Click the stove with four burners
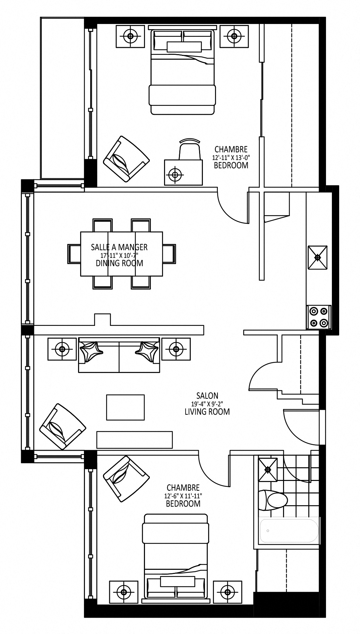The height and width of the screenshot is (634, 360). pos(319,317)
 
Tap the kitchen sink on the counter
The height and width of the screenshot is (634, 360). pos(317,257)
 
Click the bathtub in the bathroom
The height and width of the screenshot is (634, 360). pos(289,531)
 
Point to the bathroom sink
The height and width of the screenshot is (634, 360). pos(268,470)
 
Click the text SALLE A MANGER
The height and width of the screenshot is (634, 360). pos(119,247)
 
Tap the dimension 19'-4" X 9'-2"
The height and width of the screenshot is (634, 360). pos(207,404)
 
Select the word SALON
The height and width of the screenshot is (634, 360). pos(207,395)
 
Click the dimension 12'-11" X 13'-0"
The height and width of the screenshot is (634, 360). pos(231,157)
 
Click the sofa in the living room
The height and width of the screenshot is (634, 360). pos(119,355)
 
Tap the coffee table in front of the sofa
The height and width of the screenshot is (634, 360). pos(125,407)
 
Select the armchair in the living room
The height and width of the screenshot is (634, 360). pos(62,426)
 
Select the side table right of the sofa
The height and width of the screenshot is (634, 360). pos(176,349)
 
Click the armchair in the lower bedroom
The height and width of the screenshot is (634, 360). pos(126,479)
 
